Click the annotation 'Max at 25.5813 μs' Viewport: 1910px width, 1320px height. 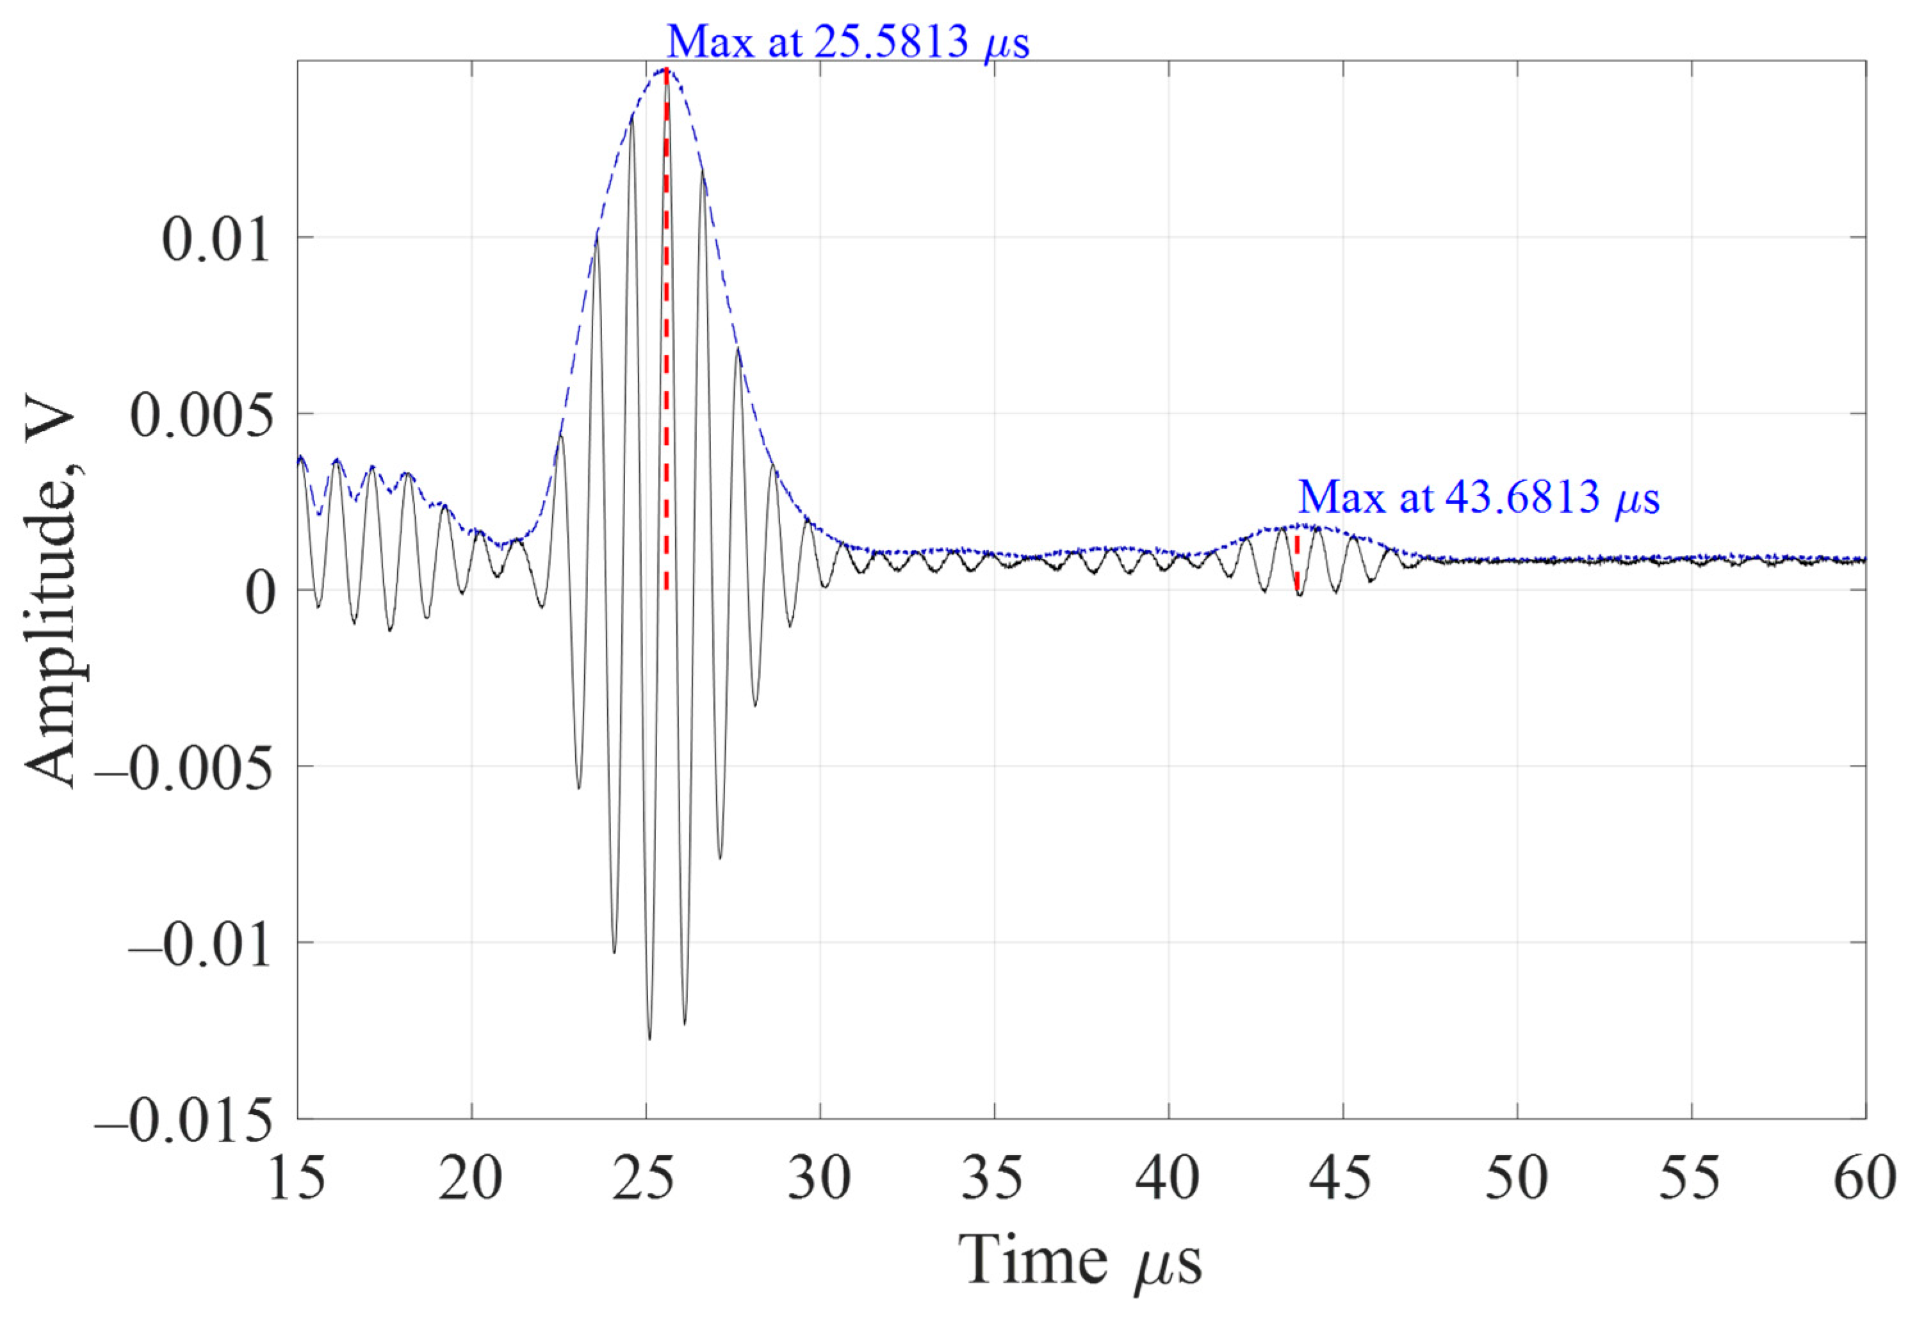847,42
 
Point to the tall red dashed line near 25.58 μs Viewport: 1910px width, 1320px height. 666,331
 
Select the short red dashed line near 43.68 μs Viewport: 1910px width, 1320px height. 1297,563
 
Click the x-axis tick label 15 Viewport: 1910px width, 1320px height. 297,1178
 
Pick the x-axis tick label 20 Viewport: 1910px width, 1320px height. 471,1178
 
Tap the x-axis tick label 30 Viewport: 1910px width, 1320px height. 819,1178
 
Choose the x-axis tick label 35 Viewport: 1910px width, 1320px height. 994,1178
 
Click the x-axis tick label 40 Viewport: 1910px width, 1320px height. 1168,1178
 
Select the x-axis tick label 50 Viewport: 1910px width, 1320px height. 1517,1178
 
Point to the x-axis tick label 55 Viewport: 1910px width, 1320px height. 1691,1178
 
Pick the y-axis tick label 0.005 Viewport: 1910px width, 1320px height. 201,415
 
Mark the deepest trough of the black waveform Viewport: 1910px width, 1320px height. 649,1038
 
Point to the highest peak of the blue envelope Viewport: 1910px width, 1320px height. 666,70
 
